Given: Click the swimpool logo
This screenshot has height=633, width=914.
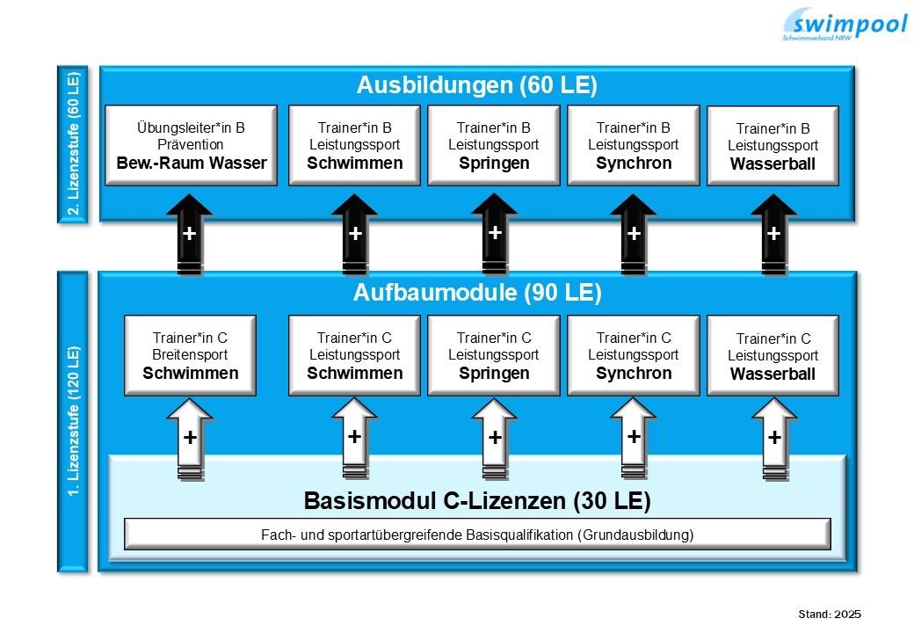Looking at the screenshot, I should [x=844, y=24].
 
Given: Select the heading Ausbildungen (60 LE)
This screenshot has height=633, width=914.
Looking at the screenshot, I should [x=476, y=85].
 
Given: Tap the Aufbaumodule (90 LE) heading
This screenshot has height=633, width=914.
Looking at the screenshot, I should [x=476, y=294].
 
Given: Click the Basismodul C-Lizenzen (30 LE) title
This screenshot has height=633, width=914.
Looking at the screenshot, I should [x=476, y=501].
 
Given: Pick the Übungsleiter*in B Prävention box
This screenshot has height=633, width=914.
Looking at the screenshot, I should [x=191, y=145].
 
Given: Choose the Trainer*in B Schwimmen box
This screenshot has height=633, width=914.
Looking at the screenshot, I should [x=354, y=145].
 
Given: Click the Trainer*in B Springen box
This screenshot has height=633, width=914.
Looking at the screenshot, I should [x=494, y=145].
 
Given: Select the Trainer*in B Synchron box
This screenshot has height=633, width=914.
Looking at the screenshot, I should [x=633, y=145].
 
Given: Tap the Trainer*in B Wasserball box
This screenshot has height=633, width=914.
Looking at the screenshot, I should [x=773, y=146].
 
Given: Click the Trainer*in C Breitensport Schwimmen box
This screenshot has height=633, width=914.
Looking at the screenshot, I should [x=190, y=355].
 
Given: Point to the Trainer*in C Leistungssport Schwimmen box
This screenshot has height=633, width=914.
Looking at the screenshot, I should [x=354, y=355].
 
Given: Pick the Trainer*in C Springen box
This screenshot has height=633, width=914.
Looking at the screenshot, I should [x=494, y=355].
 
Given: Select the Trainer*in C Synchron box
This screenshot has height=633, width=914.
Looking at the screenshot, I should [x=633, y=355].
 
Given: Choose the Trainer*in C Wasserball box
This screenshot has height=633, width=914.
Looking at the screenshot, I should [x=773, y=356].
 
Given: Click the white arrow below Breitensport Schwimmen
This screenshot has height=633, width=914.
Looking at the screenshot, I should [x=189, y=438].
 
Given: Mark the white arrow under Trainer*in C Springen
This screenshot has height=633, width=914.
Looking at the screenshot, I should [x=494, y=438].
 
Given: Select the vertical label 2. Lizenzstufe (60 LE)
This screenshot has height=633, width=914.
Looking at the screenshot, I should [x=72, y=144].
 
